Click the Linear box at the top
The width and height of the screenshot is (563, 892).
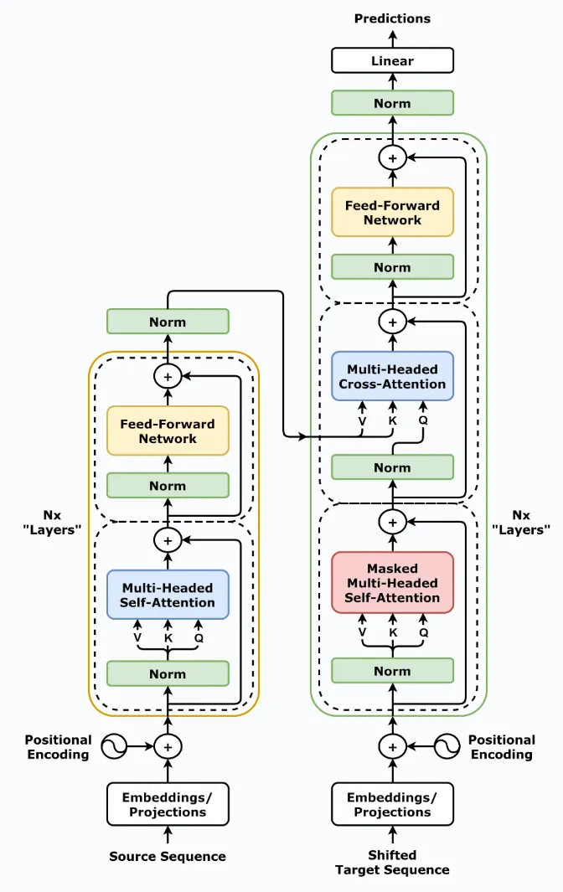tap(392, 61)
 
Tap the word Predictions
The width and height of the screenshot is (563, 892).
tap(392, 18)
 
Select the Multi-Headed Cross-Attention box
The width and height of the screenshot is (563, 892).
tap(392, 376)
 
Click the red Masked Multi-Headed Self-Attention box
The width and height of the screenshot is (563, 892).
tap(392, 583)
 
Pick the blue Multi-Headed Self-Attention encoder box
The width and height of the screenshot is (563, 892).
tap(168, 595)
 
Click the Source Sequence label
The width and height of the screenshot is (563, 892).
tap(168, 856)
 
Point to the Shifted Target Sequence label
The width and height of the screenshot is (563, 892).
tap(392, 862)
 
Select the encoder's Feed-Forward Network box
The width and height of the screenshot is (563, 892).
tap(168, 431)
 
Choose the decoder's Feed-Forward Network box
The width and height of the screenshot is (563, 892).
tap(392, 212)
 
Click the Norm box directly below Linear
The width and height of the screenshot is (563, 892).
tap(392, 103)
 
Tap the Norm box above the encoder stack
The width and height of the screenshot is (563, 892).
tap(168, 322)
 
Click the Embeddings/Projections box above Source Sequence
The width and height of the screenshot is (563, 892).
tap(168, 804)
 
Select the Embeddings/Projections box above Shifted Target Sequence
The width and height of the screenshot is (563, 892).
tap(392, 804)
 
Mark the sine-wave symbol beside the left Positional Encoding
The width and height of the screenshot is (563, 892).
tap(113, 745)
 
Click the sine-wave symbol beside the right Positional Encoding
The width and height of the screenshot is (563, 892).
tap(447, 745)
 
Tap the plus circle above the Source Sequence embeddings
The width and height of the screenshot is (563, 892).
tap(168, 745)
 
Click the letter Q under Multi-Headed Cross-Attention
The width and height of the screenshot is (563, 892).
tap(422, 420)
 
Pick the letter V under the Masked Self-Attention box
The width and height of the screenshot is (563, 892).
tap(362, 633)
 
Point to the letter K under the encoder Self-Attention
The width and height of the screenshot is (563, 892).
tap(168, 637)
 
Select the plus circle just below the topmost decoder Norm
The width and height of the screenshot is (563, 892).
tap(392, 157)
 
